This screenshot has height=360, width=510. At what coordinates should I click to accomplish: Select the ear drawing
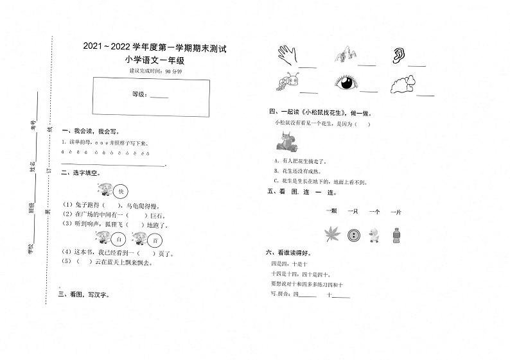[x=399, y=56]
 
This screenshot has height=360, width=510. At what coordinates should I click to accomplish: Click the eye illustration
[x=346, y=83]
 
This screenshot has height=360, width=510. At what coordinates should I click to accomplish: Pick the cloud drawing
[x=403, y=83]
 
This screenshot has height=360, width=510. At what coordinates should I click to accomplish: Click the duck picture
[x=375, y=236]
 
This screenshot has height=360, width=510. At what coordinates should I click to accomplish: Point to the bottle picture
[x=396, y=234]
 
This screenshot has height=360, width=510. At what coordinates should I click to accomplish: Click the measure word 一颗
[x=331, y=211]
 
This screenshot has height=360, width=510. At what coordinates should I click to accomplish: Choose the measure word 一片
[x=396, y=211]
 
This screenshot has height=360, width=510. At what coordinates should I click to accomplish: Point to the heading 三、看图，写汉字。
[x=84, y=295]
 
